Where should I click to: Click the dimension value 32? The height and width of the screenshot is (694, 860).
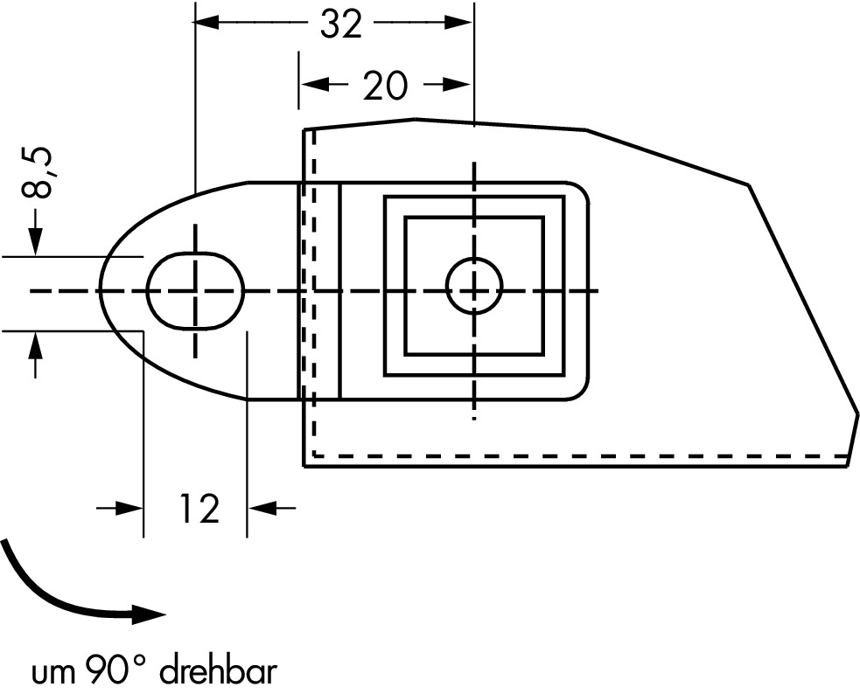point(341,24)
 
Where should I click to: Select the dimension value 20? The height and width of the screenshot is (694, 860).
point(386,86)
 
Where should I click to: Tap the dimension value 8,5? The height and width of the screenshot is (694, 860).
point(38,172)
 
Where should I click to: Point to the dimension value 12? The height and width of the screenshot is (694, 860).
point(199,509)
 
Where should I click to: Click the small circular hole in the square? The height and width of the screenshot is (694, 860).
point(474,285)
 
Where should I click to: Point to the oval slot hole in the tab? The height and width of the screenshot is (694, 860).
point(195,291)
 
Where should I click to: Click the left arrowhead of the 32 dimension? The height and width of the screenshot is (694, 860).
point(206,23)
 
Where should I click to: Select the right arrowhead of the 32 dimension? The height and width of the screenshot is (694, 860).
point(459,23)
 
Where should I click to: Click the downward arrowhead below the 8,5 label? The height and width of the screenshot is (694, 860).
point(36,241)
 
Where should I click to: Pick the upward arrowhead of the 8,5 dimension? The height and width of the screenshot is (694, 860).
point(36,344)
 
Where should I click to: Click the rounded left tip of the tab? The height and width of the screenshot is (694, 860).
point(99,290)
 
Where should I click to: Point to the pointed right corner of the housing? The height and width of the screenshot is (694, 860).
point(857,413)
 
